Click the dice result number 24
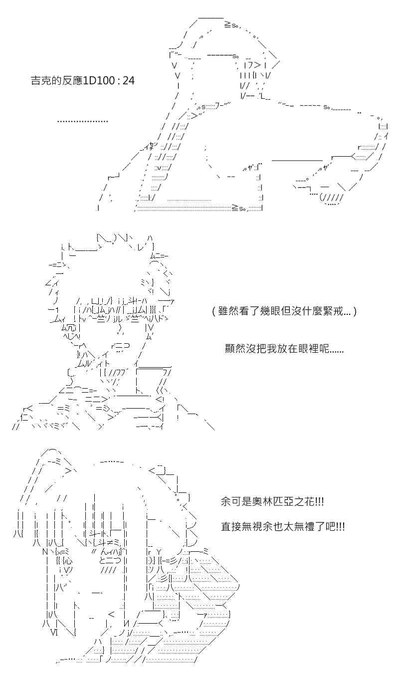click(x=128, y=80)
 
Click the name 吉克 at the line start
click(x=41, y=80)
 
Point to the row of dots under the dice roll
click(x=82, y=121)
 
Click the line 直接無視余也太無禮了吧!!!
click(x=282, y=527)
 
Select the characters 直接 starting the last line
click(x=231, y=527)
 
